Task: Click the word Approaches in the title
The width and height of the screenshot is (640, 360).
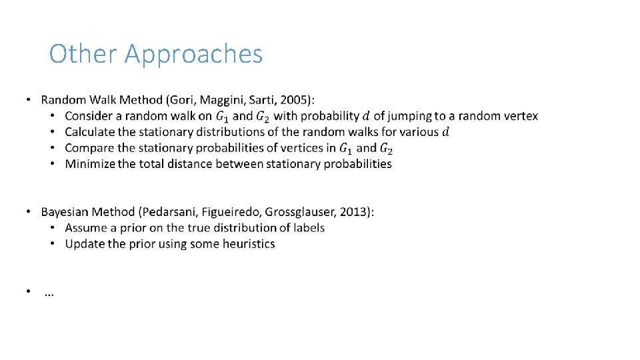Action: coord(193,55)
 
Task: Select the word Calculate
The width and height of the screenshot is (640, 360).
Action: coord(90,132)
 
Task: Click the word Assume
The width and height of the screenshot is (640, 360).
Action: coord(85,228)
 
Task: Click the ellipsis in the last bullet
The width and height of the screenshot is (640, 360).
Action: coord(49,293)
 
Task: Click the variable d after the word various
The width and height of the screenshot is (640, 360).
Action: coord(446,132)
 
